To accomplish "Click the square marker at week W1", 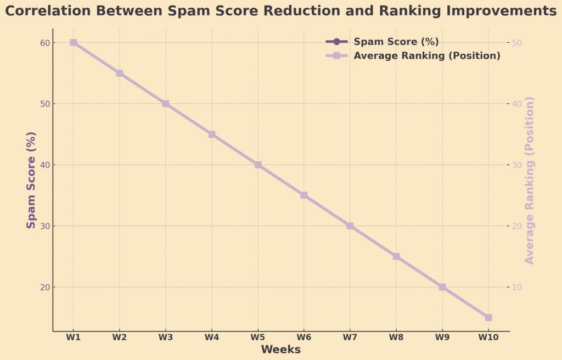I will point(73,43).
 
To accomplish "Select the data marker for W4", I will point(212,134).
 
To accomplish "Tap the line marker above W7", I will point(350,226).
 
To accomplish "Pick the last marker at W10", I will point(488,317).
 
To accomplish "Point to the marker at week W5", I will point(258,165).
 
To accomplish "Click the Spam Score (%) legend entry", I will point(396,42).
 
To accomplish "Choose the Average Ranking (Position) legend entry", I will point(427,55).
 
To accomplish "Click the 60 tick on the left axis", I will point(44,43).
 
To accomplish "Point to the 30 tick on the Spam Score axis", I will point(44,226).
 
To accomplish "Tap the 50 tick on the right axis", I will point(518,43).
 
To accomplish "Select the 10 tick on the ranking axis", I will point(518,287).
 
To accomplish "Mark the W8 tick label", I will point(396,337).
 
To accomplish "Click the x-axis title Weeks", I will point(280,350).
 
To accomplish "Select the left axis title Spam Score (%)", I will point(31,181).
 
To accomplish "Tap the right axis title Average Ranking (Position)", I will point(530,181).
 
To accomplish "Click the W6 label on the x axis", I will point(304,337).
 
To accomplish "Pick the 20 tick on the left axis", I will point(44,287).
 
